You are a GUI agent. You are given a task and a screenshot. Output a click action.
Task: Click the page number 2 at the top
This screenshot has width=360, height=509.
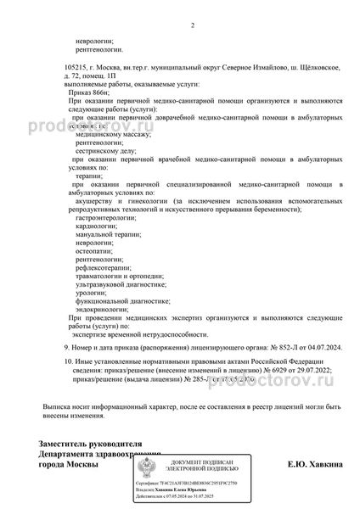coord(193,25)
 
